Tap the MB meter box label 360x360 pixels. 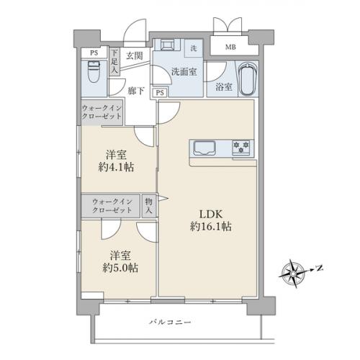click(230, 48)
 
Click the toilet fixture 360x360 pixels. click(93, 73)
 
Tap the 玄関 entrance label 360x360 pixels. click(135, 55)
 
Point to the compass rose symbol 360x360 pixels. click(294, 271)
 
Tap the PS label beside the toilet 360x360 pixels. click(94, 53)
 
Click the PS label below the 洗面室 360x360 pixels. click(160, 92)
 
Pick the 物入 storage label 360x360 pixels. click(148, 207)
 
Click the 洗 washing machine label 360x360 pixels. click(194, 49)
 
